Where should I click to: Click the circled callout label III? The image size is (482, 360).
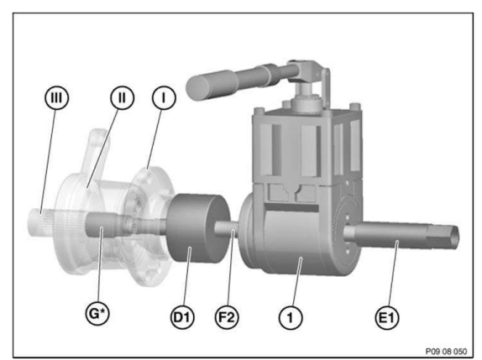click(56, 97)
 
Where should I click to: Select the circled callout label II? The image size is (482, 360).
click(122, 97)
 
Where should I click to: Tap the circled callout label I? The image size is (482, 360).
click(164, 98)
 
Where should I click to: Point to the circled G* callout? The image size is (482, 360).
click(97, 313)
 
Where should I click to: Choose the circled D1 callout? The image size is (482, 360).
click(182, 316)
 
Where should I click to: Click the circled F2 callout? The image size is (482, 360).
click(227, 316)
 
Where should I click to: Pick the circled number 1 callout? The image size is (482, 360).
click(291, 317)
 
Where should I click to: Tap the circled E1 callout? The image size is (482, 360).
click(387, 317)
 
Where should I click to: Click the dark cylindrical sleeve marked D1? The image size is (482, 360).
click(196, 228)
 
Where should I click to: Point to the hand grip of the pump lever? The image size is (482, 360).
click(212, 84)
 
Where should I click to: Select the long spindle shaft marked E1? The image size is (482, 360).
click(400, 237)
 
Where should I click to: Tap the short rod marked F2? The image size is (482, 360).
click(226, 229)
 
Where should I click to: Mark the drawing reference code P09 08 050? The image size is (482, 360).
click(446, 351)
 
